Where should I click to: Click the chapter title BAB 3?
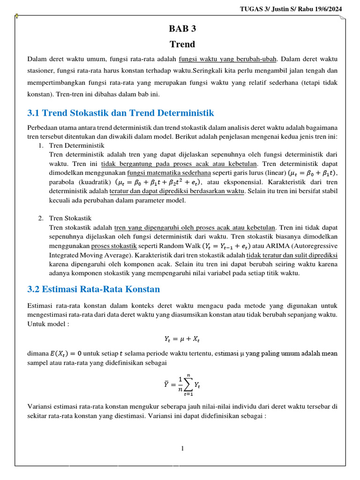(182, 29)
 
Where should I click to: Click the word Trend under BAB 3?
(182, 45)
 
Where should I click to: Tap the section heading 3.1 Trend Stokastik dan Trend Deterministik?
(120, 113)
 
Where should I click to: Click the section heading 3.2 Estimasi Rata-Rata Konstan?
(94, 289)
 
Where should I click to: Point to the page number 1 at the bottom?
(182, 449)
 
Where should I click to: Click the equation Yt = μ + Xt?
(182, 338)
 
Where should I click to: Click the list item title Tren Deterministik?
(77, 146)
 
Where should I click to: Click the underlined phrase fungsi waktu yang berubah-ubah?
(228, 59)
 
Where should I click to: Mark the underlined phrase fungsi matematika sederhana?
(169, 172)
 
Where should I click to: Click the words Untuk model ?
(48, 324)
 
